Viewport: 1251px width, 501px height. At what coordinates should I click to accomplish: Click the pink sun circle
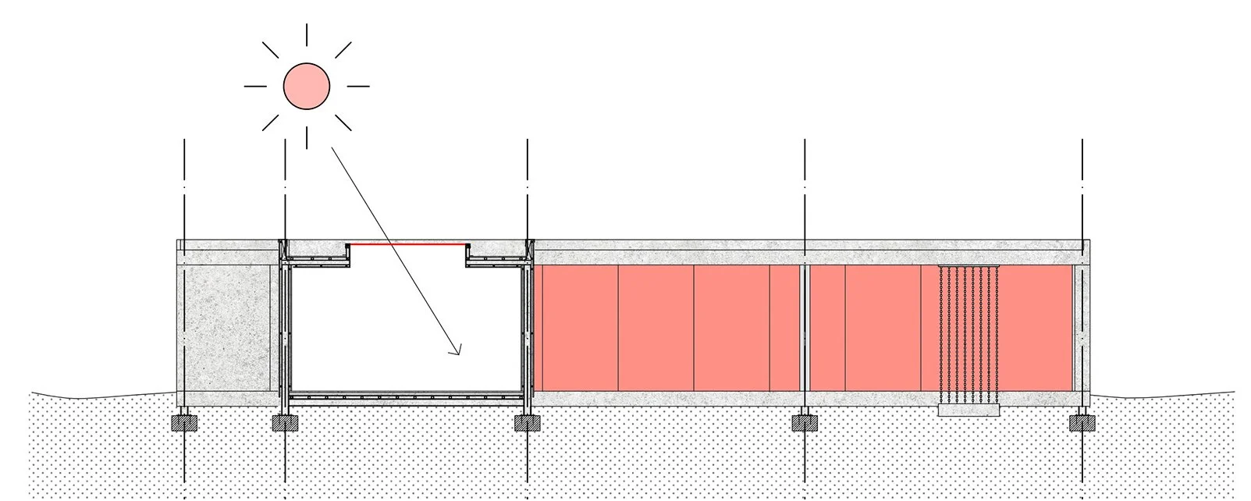click(306, 86)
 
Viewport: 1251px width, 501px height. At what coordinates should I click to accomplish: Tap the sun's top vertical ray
click(306, 34)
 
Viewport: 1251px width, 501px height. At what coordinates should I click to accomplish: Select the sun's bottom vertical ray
click(306, 137)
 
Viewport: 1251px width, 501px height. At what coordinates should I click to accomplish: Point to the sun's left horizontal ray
click(255, 86)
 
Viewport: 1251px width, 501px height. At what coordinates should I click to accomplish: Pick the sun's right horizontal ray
click(357, 86)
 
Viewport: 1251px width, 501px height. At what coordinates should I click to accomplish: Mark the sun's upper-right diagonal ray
click(343, 50)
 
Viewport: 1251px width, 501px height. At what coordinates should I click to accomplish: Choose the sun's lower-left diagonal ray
click(270, 123)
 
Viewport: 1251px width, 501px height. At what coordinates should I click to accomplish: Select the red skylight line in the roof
click(407, 244)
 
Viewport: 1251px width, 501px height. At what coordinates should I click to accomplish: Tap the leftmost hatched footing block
click(184, 423)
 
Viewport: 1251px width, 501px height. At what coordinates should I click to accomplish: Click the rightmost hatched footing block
click(1082, 423)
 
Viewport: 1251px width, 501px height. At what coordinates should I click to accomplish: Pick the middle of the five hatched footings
click(528, 423)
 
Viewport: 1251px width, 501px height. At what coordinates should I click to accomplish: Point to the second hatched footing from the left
click(285, 423)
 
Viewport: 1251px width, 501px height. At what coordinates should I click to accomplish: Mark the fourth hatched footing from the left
click(805, 423)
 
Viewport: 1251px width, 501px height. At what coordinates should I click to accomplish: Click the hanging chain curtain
click(968, 332)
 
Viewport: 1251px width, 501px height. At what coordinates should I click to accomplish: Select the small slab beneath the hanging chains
click(968, 410)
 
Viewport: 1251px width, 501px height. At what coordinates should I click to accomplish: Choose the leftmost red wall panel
click(576, 328)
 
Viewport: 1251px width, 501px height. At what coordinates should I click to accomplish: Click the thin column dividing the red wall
click(805, 328)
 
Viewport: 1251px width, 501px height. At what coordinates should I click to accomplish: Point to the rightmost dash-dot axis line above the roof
click(1082, 187)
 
